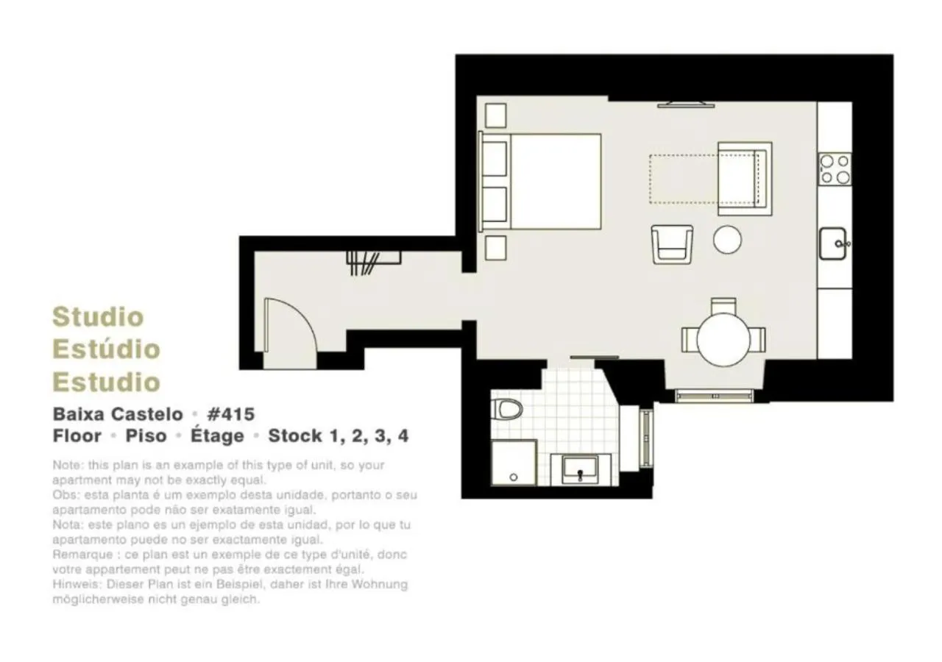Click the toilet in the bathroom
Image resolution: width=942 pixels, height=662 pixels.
[x=508, y=408]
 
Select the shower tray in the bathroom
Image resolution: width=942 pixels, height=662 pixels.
[x=513, y=463]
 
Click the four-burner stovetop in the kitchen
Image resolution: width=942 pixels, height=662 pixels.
[x=835, y=169]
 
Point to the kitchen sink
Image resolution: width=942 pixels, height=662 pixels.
[x=833, y=243]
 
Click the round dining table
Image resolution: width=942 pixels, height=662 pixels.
[x=723, y=339]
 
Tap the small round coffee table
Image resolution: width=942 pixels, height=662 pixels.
[x=727, y=240]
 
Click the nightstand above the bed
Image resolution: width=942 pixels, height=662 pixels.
[x=496, y=115]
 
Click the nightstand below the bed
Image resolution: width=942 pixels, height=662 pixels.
[x=496, y=247]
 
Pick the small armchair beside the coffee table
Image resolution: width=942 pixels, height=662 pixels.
[x=672, y=244]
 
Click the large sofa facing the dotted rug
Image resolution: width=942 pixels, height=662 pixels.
[x=744, y=179]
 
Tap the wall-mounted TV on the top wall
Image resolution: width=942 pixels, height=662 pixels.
[x=686, y=104]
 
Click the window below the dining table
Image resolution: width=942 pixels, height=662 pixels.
[x=714, y=396]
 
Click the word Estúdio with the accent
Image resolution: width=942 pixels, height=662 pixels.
[x=106, y=349]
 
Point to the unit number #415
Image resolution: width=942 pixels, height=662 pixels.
[x=231, y=413]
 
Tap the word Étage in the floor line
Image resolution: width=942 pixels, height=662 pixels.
[x=217, y=435]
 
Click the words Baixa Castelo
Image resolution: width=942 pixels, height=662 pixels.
[x=118, y=413]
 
